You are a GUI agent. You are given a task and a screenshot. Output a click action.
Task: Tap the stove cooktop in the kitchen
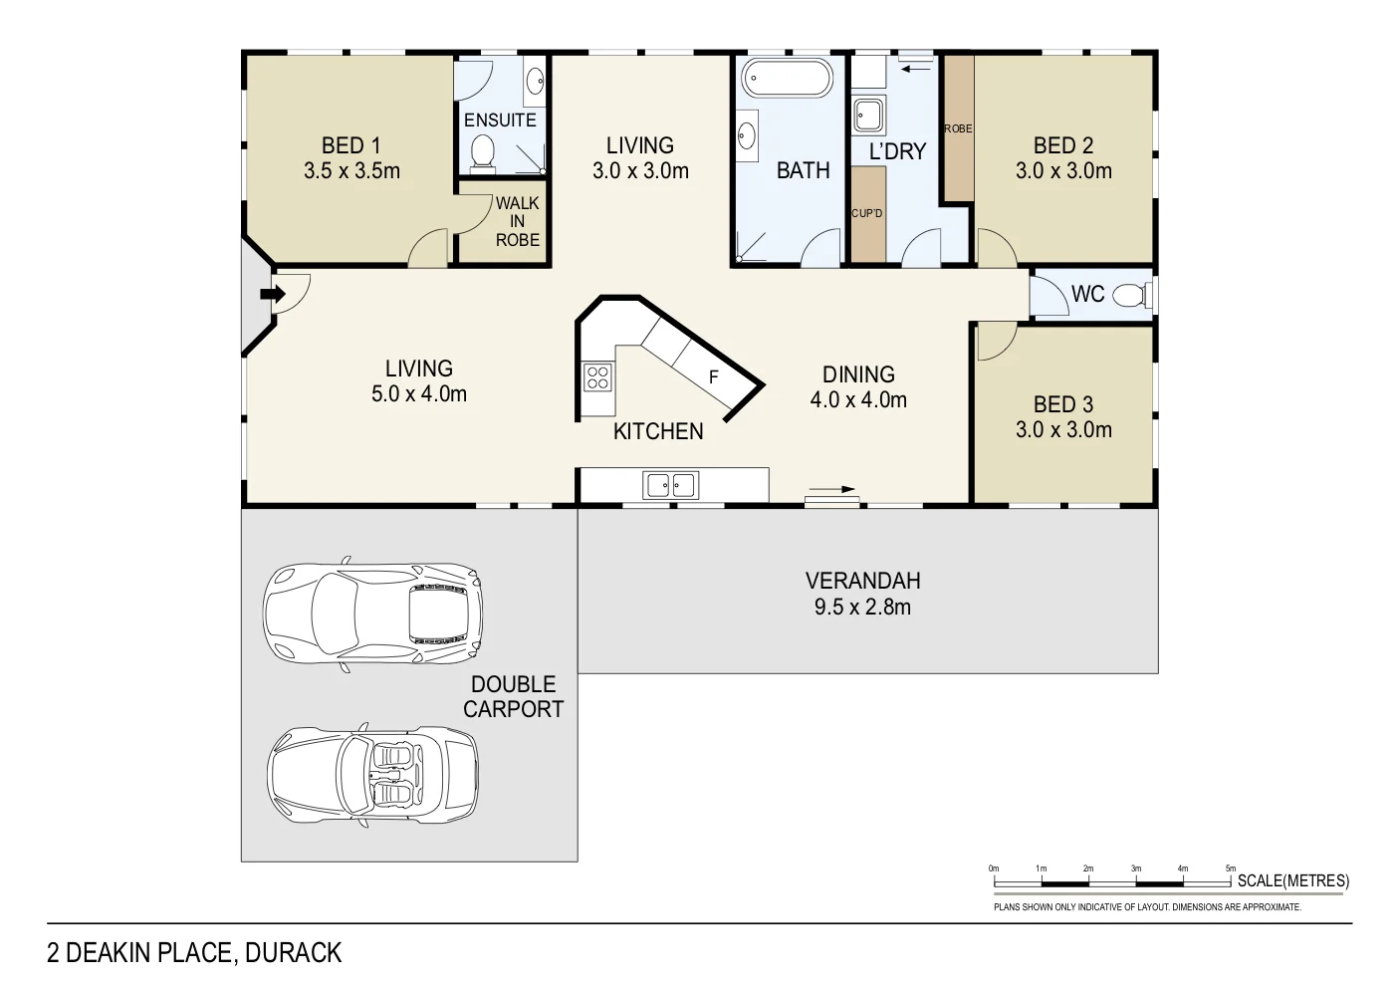click(597, 377)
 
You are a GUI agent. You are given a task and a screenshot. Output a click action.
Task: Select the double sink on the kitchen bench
click(671, 485)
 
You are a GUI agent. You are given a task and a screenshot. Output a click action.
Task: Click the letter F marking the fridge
click(713, 377)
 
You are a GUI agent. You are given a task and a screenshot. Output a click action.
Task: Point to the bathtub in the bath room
click(787, 79)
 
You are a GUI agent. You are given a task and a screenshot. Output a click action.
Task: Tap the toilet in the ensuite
click(483, 151)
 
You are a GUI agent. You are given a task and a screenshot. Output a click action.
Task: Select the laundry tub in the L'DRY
click(869, 116)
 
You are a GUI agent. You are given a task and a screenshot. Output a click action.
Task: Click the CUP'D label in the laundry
click(866, 214)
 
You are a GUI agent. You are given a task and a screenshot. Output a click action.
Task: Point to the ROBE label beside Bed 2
click(958, 129)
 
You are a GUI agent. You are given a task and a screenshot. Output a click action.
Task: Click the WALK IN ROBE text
click(517, 221)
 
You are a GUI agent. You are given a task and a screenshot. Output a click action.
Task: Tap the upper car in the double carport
click(372, 613)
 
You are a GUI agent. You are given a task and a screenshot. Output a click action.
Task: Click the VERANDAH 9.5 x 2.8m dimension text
click(862, 607)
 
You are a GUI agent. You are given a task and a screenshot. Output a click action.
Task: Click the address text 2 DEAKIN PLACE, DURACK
click(194, 953)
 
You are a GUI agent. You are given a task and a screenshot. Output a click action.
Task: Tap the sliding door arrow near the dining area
click(831, 490)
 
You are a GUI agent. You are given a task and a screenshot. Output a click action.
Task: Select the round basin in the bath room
click(746, 136)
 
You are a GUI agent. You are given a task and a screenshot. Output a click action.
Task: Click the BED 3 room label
click(1062, 404)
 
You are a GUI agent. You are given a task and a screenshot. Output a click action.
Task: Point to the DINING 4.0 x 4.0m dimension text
click(858, 400)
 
